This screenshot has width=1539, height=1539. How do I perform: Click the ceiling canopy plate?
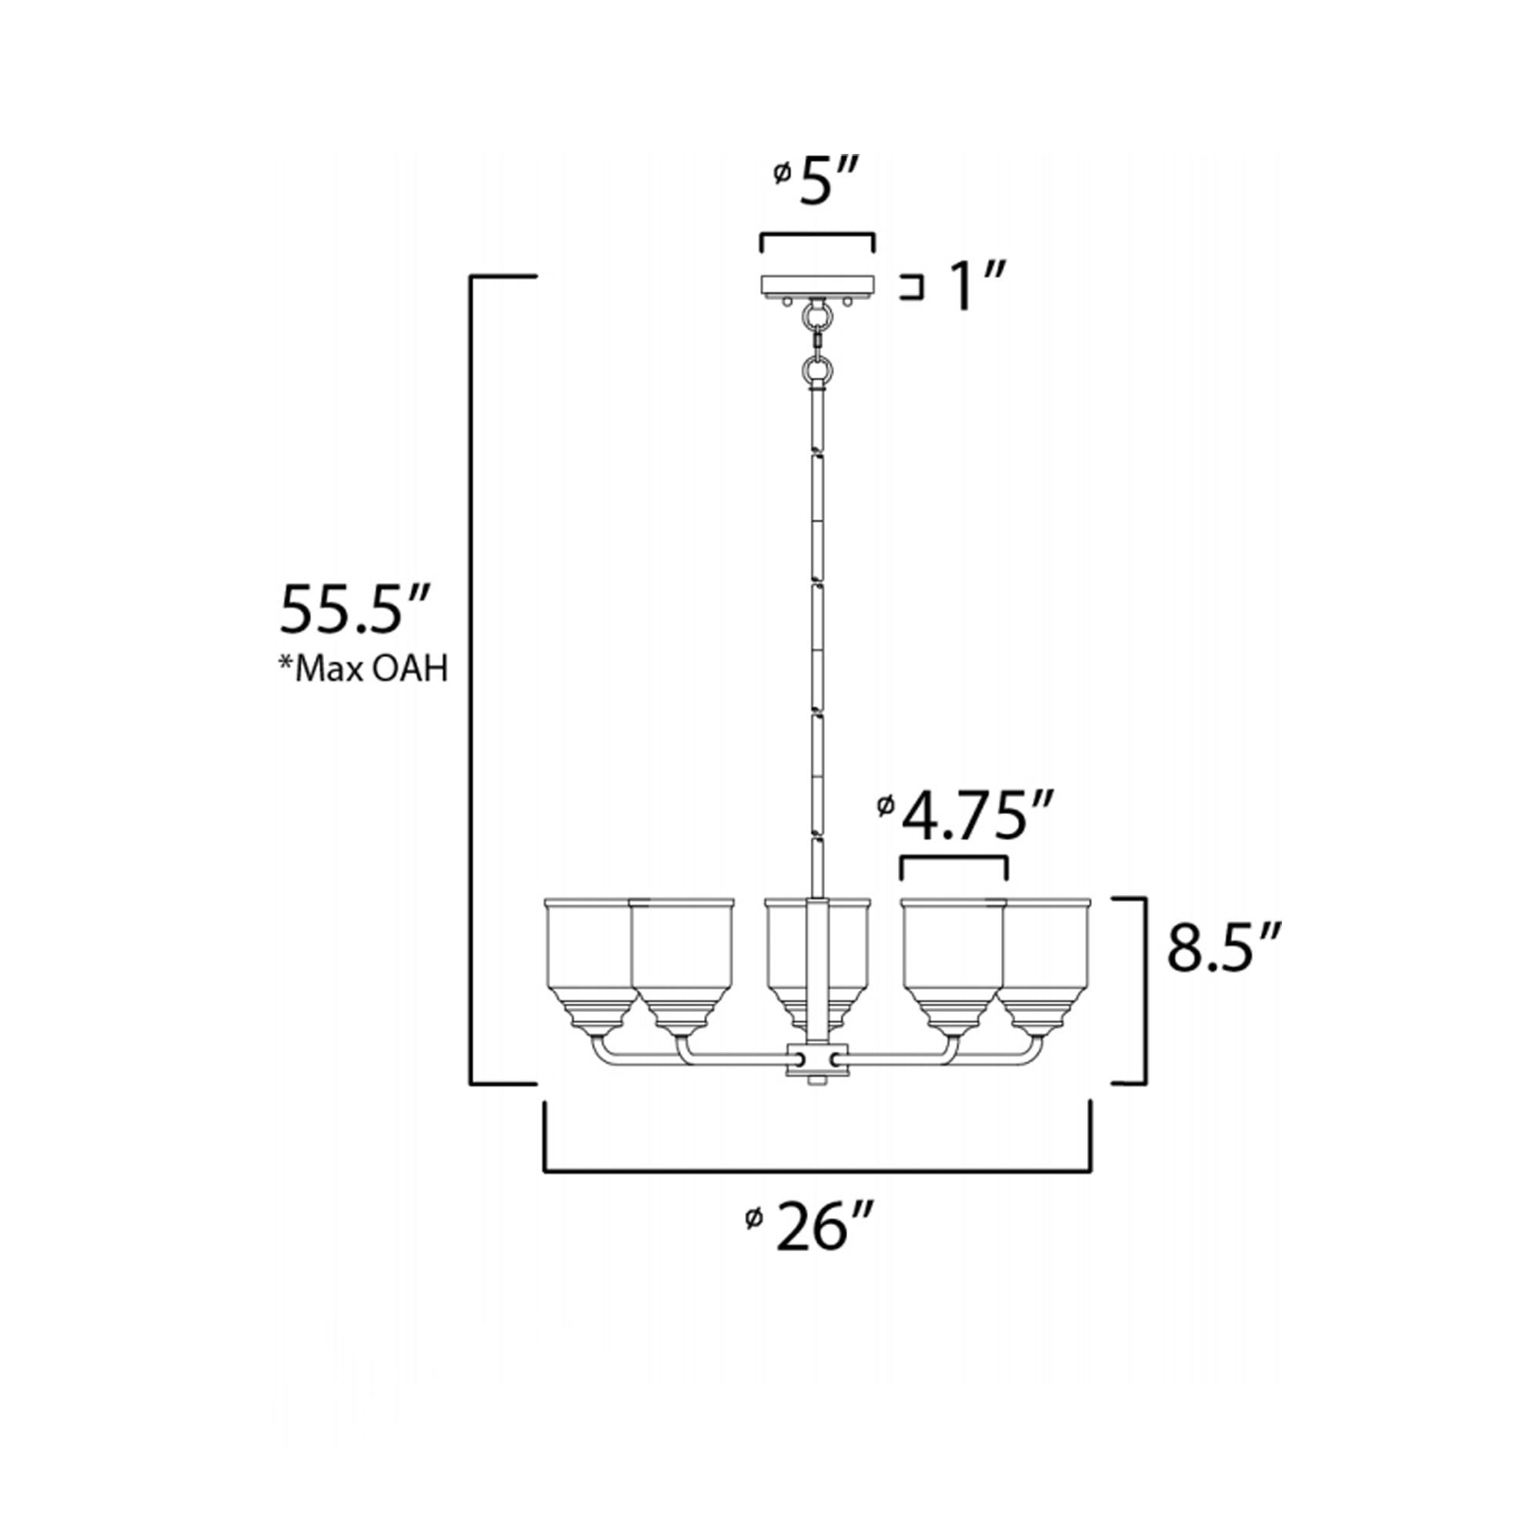[x=818, y=285]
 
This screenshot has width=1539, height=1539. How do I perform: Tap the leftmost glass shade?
[x=590, y=965]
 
